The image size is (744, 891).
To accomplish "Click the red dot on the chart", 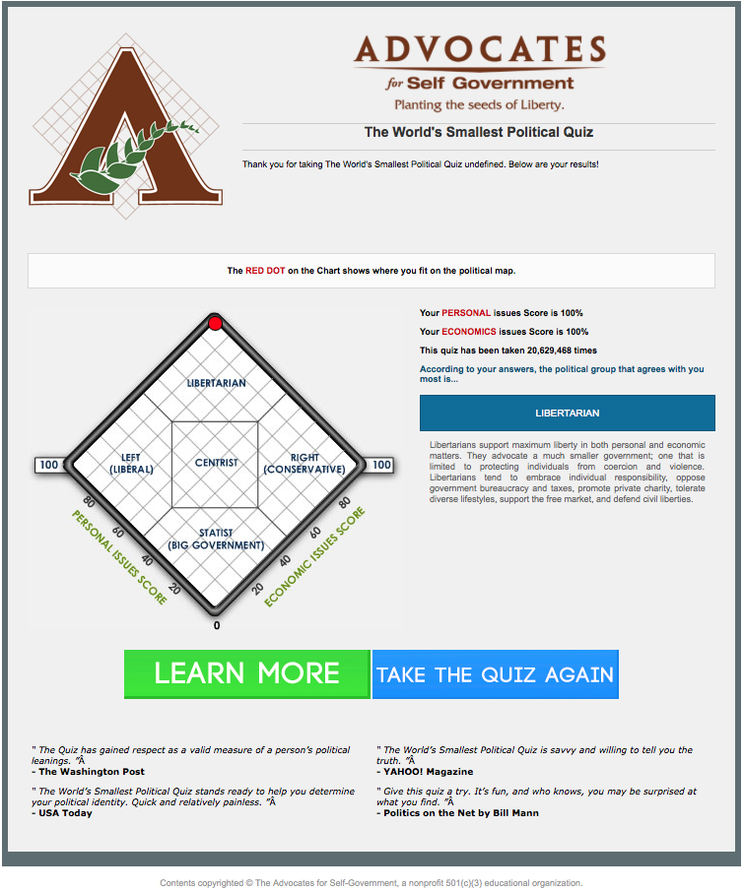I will (215, 324).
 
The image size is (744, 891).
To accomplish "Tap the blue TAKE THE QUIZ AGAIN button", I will (495, 674).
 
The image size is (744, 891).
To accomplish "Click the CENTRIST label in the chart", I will (216, 463).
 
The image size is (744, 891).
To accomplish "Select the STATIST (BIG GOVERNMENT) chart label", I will (215, 540).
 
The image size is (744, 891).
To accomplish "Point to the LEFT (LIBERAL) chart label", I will (130, 464).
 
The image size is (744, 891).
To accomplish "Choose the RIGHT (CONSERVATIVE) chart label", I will (304, 464).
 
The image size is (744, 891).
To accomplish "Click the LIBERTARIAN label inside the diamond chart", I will (216, 383).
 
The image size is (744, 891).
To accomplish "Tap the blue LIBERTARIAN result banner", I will (567, 413).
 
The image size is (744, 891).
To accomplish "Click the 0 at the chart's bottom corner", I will (217, 625).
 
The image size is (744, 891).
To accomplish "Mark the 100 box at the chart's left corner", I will (48, 465).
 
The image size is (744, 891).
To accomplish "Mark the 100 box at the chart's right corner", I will (381, 465).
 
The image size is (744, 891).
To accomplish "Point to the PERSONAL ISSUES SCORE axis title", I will (118, 556).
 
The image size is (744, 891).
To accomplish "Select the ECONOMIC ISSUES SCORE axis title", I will (314, 556).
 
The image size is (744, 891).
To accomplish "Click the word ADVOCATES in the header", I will (479, 49).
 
